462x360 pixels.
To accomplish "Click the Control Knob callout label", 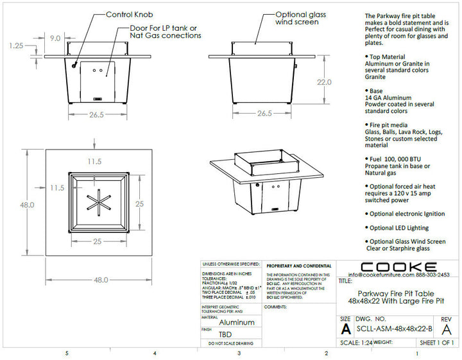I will click(128, 14).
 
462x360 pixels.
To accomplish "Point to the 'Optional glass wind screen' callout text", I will click(297, 18).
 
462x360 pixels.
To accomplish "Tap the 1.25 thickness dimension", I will click(17, 46).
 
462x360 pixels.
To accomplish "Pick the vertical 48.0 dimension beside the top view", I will click(26, 205).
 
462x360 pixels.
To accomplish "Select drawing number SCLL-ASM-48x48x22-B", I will click(393, 329).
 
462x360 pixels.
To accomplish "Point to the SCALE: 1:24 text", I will click(358, 343).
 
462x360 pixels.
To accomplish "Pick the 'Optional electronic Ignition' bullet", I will click(407, 214).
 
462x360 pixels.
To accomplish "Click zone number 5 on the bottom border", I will click(66, 353).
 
